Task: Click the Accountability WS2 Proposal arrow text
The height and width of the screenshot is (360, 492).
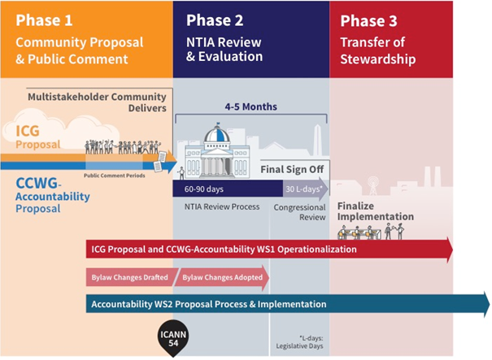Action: [209, 304]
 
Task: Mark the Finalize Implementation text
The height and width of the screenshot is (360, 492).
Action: [374, 211]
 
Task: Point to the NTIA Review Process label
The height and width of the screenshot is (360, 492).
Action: [222, 206]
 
